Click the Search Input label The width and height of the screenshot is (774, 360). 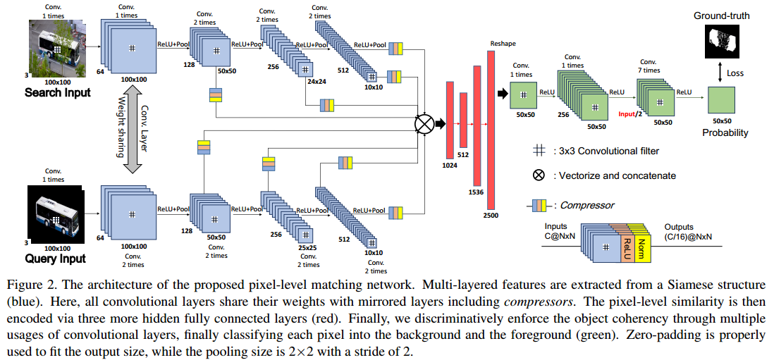click(x=58, y=92)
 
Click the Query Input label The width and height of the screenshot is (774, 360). click(x=54, y=259)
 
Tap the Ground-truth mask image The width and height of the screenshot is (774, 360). click(x=721, y=41)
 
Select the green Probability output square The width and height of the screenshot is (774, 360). click(x=722, y=100)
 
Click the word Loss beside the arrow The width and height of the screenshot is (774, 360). click(x=735, y=73)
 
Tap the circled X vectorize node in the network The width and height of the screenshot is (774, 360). click(x=424, y=124)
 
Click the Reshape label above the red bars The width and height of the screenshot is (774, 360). click(x=497, y=44)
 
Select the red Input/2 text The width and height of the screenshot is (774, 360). click(x=630, y=113)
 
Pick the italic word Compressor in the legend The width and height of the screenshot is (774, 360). click(x=586, y=206)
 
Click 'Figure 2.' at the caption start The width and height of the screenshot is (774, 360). click(x=27, y=285)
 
